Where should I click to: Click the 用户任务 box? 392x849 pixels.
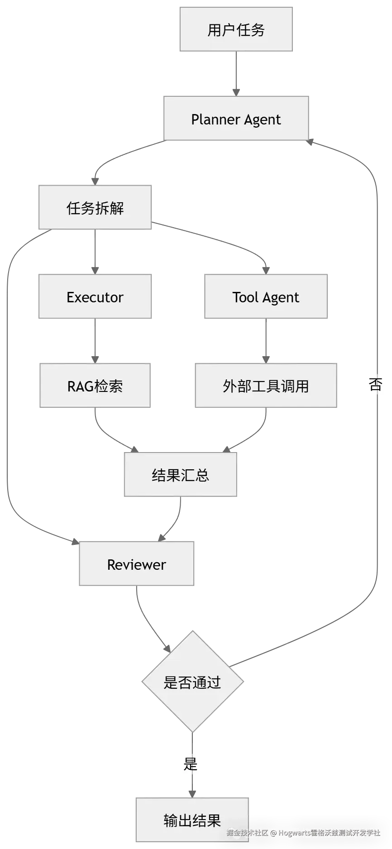pyautogui.click(x=236, y=30)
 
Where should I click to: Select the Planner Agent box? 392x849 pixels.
pyautogui.click(x=236, y=119)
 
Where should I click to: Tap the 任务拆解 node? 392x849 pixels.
pyautogui.click(x=95, y=208)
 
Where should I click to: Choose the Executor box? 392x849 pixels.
pyautogui.click(x=95, y=297)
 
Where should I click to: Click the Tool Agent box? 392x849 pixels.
pyautogui.click(x=266, y=297)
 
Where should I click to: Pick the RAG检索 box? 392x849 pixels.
pyautogui.click(x=95, y=386)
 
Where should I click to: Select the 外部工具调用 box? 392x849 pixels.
pyautogui.click(x=266, y=386)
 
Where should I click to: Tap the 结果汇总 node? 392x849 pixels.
pyautogui.click(x=181, y=475)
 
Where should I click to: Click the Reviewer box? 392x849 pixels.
pyautogui.click(x=137, y=564)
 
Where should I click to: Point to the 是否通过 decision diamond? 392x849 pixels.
pyautogui.click(x=192, y=682)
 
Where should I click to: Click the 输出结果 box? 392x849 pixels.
pyautogui.click(x=192, y=820)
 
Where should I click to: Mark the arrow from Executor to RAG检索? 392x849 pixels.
pyautogui.click(x=95, y=342)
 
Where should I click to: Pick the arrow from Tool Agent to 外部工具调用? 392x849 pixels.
pyautogui.click(x=266, y=342)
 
